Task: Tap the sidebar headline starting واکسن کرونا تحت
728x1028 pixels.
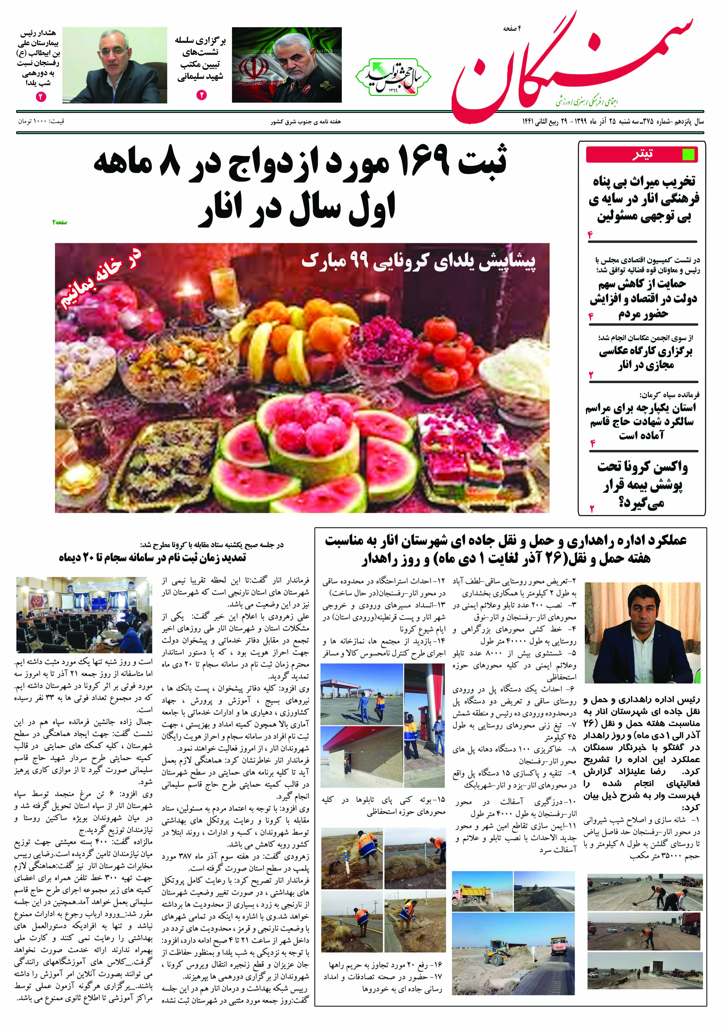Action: tap(642, 485)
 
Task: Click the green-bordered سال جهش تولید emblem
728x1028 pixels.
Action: tap(393, 76)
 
